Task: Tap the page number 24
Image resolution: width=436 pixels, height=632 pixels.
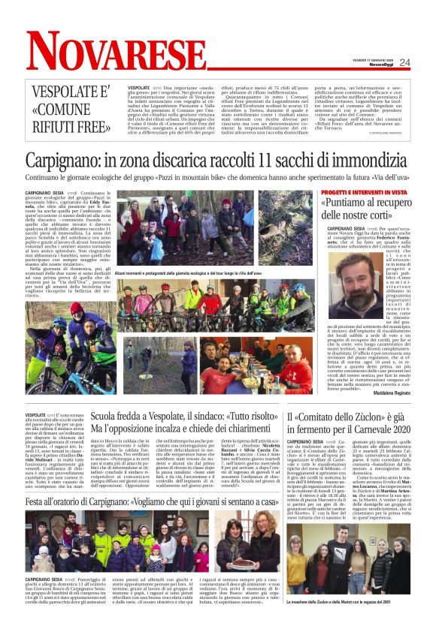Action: point(404,62)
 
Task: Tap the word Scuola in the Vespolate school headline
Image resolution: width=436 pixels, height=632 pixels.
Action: point(106,417)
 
